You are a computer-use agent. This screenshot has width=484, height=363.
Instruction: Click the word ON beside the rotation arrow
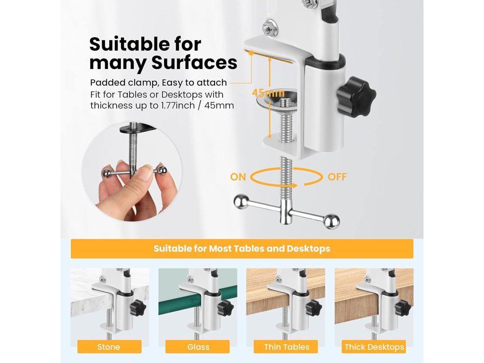[238, 177]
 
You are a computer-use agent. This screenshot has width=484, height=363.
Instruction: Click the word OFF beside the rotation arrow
[337, 177]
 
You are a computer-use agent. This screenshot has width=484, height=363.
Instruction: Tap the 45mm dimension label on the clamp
[268, 93]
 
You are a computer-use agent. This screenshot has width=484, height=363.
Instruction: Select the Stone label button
[109, 346]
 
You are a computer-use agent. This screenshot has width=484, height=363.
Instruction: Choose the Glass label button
[198, 346]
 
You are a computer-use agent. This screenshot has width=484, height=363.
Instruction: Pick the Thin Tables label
[286, 346]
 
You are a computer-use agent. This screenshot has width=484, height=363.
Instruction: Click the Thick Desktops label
[374, 346]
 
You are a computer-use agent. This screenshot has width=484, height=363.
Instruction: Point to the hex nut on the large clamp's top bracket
[270, 27]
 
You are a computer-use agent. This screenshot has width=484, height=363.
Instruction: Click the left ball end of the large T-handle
[242, 201]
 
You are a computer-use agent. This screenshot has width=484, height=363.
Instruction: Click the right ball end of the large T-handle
[331, 221]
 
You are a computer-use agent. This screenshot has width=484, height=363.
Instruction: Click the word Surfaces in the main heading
[194, 63]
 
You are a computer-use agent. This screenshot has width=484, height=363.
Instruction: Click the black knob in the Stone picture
[138, 307]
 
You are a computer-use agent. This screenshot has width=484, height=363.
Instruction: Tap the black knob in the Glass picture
[225, 307]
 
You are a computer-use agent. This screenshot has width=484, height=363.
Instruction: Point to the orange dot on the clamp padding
[251, 53]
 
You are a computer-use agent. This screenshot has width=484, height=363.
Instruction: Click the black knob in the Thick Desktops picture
[403, 307]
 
